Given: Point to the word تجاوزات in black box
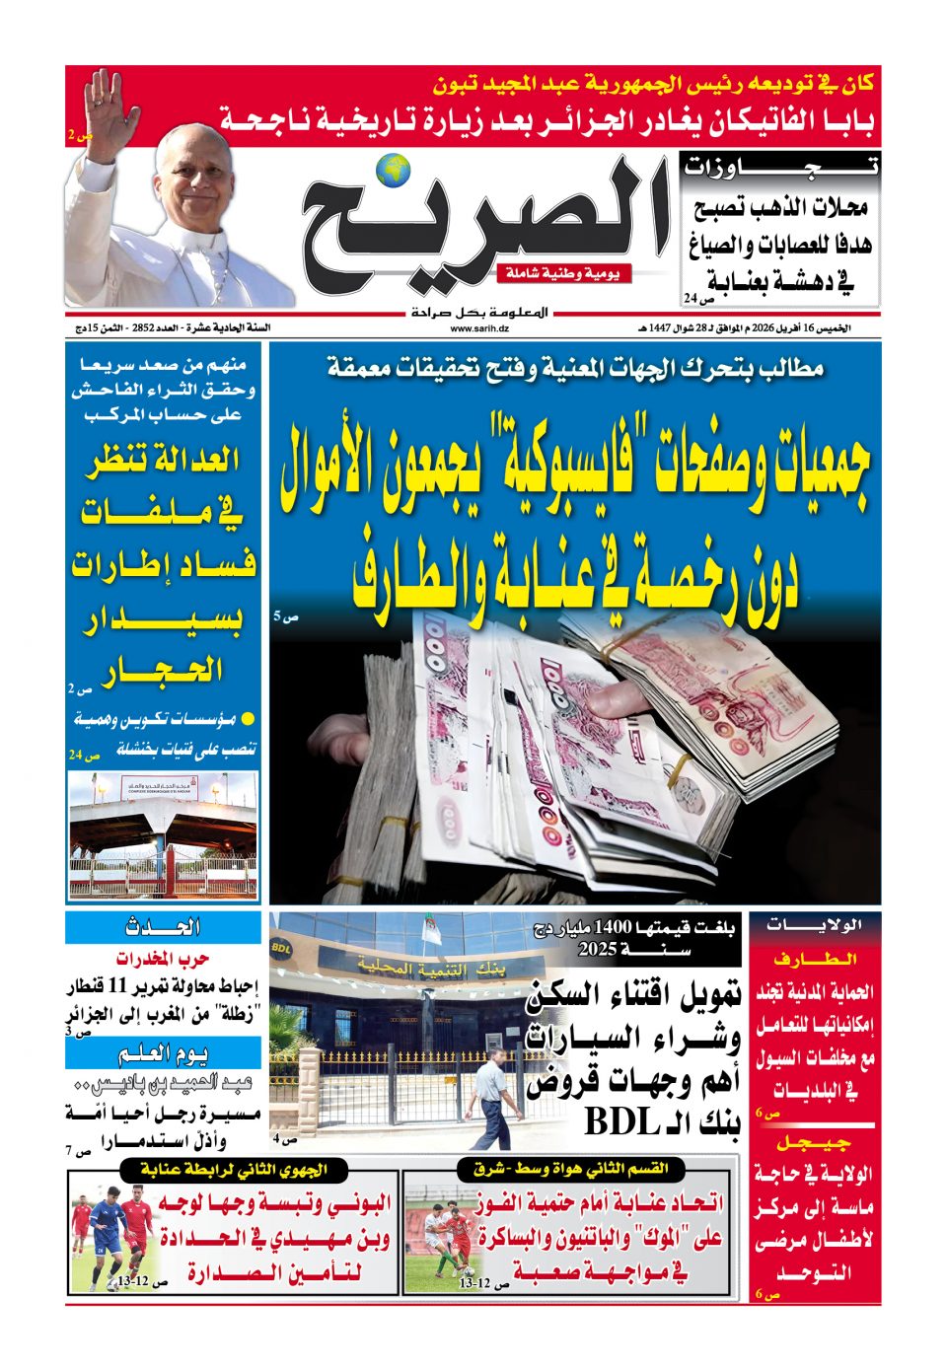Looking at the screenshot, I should click(780, 168).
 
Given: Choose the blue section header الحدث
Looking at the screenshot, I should click(164, 927).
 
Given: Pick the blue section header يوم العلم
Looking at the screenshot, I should click(164, 1053).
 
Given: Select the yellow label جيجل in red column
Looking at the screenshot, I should click(815, 1143).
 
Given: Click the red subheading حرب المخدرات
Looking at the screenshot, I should click(164, 959).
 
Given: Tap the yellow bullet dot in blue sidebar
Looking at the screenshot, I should click(249, 719).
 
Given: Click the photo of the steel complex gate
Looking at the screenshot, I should click(164, 834).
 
